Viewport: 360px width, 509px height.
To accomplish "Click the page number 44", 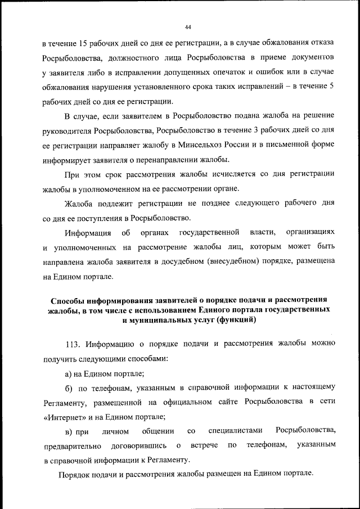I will pyautogui.click(x=188, y=27).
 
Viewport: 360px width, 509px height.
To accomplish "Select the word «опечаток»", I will pyautogui.click(x=247, y=73).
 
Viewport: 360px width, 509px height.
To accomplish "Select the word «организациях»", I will pyautogui.click(x=311, y=232).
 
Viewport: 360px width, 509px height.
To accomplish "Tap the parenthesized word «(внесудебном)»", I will pyautogui.click(x=237, y=262).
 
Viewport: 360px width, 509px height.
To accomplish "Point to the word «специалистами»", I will pyautogui.click(x=236, y=431).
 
